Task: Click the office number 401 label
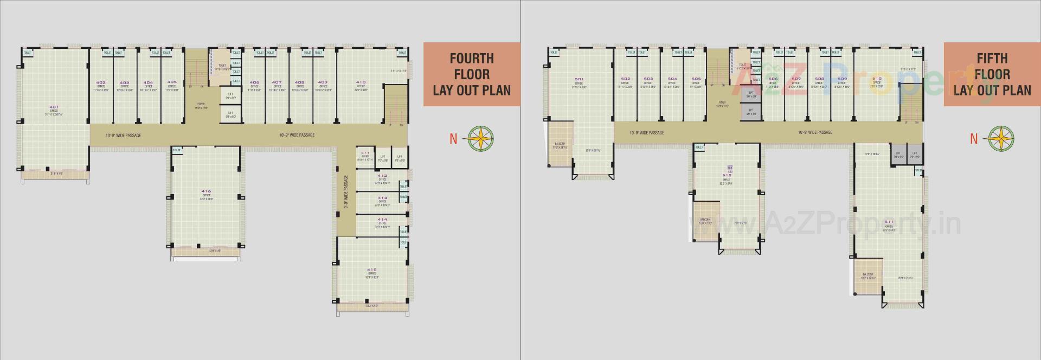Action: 54,107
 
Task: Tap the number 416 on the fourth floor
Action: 206,191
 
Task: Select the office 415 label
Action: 371,269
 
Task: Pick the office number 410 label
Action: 361,82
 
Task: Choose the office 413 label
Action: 382,198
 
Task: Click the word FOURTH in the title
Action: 472,59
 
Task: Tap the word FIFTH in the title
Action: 992,59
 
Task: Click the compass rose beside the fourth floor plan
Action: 481,138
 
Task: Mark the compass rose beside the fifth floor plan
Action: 1001,138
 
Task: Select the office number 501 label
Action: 579,80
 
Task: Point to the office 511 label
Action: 889,222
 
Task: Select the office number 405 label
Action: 172,82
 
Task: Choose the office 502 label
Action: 625,79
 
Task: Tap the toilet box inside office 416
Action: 177,150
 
